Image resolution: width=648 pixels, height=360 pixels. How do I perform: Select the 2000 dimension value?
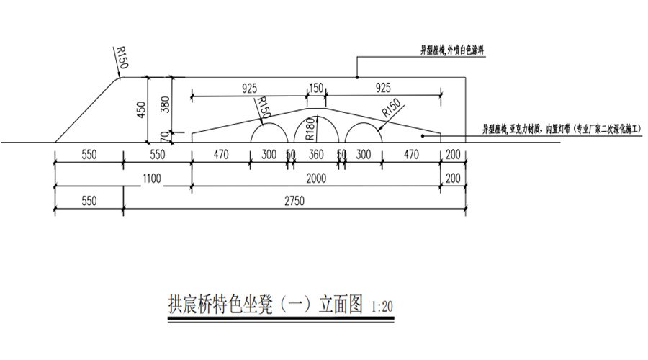pyautogui.click(x=316, y=178)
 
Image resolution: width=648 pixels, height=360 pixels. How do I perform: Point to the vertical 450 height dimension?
pyautogui.click(x=141, y=109)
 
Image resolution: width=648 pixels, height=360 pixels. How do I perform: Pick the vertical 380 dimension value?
pyautogui.click(x=166, y=104)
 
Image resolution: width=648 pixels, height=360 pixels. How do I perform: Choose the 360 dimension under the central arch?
pyautogui.click(x=316, y=154)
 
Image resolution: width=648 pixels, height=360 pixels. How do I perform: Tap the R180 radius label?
pyautogui.click(x=310, y=126)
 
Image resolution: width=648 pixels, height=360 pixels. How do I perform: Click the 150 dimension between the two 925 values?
pyautogui.click(x=316, y=88)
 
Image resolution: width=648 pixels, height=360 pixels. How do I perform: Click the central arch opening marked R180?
pyautogui.click(x=316, y=131)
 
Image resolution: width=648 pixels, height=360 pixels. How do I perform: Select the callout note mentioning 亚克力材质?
pyautogui.click(x=562, y=129)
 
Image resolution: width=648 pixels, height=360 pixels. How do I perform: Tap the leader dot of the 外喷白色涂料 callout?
pyautogui.click(x=356, y=76)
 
